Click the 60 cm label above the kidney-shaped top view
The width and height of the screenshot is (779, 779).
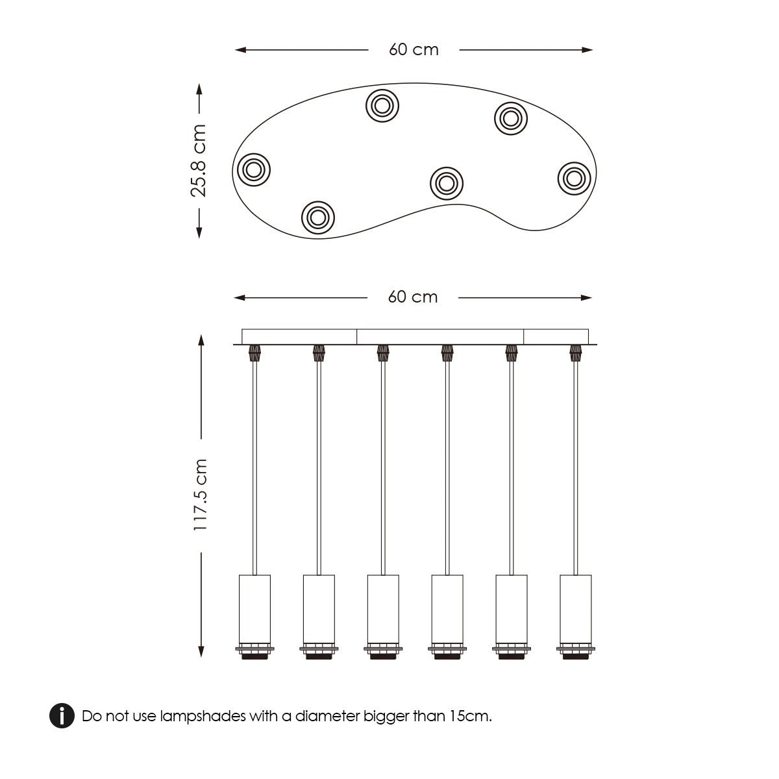pos(414,50)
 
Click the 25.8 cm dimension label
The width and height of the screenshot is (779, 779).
pos(199,160)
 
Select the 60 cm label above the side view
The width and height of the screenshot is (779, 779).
pos(413,297)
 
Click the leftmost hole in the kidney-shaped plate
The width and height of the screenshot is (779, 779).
pos(253,170)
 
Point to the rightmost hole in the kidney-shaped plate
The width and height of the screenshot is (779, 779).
pos(574,177)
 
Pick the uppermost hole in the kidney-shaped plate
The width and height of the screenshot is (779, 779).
pos(382,106)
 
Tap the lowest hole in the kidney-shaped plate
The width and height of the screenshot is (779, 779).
pos(318,217)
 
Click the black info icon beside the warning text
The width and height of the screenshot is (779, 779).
pos(62,715)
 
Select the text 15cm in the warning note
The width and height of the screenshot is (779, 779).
pos(469,716)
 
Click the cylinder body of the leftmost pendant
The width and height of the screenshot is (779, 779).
pos(254,608)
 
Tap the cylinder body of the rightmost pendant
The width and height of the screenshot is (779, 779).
pos(575,608)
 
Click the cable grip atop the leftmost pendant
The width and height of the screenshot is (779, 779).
pos(254,353)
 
